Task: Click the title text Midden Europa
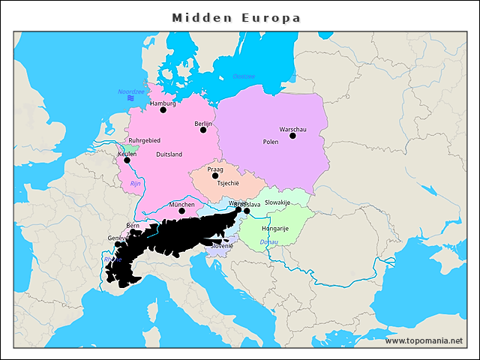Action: point(236,17)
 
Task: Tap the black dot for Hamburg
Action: point(163,110)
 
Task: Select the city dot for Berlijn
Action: point(203,130)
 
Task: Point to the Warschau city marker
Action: point(292,136)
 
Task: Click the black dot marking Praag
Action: point(215,175)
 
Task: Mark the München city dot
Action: point(181,211)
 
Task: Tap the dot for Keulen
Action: point(127,160)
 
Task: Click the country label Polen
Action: point(271,142)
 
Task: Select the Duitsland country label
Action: point(169,154)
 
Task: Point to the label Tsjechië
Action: point(228,183)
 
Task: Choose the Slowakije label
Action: point(277,202)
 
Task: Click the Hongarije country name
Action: point(275,228)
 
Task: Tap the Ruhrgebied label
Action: point(145,140)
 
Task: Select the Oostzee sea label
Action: point(244,76)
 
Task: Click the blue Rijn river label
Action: point(136,183)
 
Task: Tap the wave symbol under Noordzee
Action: point(130,98)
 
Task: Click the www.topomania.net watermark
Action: point(424,341)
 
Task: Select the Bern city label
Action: point(133,225)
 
